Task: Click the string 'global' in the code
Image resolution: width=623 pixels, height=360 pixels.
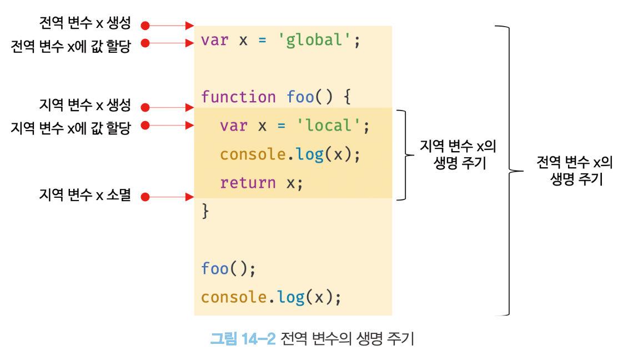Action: [314, 40]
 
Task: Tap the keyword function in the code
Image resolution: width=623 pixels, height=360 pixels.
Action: [238, 97]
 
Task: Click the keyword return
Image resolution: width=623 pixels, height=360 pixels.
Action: [248, 183]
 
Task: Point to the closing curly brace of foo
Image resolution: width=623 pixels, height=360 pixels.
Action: [205, 211]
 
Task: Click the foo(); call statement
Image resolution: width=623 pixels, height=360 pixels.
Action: [228, 268]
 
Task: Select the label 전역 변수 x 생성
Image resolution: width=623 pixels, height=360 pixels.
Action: [85, 23]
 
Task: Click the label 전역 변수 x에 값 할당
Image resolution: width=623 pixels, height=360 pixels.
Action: [71, 46]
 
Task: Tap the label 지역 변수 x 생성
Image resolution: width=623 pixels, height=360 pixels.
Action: [85, 105]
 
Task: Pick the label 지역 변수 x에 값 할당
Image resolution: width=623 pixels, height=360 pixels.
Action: [71, 128]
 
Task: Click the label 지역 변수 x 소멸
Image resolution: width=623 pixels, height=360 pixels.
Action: [85, 194]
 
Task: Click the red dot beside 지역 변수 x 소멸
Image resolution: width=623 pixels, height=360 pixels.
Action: [145, 197]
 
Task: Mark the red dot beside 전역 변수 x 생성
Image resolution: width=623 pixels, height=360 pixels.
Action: [145, 26]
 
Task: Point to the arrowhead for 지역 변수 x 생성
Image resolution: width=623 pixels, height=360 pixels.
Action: [189, 107]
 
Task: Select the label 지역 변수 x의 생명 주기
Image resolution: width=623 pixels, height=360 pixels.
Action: [459, 154]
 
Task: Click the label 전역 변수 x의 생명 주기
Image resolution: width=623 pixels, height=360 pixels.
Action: [575, 170]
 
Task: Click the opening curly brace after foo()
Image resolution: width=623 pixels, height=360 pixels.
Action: [347, 97]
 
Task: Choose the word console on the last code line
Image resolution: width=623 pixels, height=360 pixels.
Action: [234, 297]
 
